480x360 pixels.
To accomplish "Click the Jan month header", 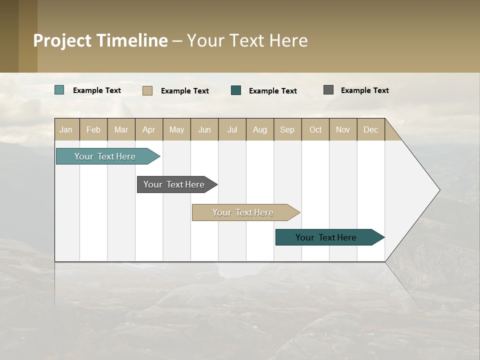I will click(x=66, y=129).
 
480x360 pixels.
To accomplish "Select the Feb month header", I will click(x=93, y=129).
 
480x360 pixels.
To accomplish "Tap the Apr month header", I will click(x=149, y=129).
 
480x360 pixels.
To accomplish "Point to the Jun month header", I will click(x=204, y=129).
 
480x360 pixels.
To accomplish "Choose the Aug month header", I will click(x=260, y=129).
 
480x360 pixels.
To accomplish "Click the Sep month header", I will click(x=287, y=129).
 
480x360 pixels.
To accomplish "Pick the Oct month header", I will click(x=315, y=129).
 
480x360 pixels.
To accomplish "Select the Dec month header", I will click(x=371, y=129).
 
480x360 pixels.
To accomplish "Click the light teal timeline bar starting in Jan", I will click(x=105, y=156).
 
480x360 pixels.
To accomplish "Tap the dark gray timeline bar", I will click(x=174, y=184).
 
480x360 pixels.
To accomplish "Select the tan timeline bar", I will click(x=243, y=212).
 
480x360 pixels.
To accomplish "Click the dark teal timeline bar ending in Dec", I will click(x=326, y=237).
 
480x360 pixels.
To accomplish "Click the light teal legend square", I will click(x=59, y=90).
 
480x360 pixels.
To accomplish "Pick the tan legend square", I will click(x=147, y=90).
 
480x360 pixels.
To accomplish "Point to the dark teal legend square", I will click(x=236, y=90).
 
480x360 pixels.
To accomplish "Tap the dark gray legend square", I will click(x=328, y=90).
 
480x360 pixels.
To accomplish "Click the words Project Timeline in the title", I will click(x=100, y=40).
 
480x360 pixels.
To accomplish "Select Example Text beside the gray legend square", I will click(x=365, y=90).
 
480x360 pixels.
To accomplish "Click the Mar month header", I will click(x=121, y=129).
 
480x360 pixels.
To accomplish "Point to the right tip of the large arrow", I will click(x=438, y=190).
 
